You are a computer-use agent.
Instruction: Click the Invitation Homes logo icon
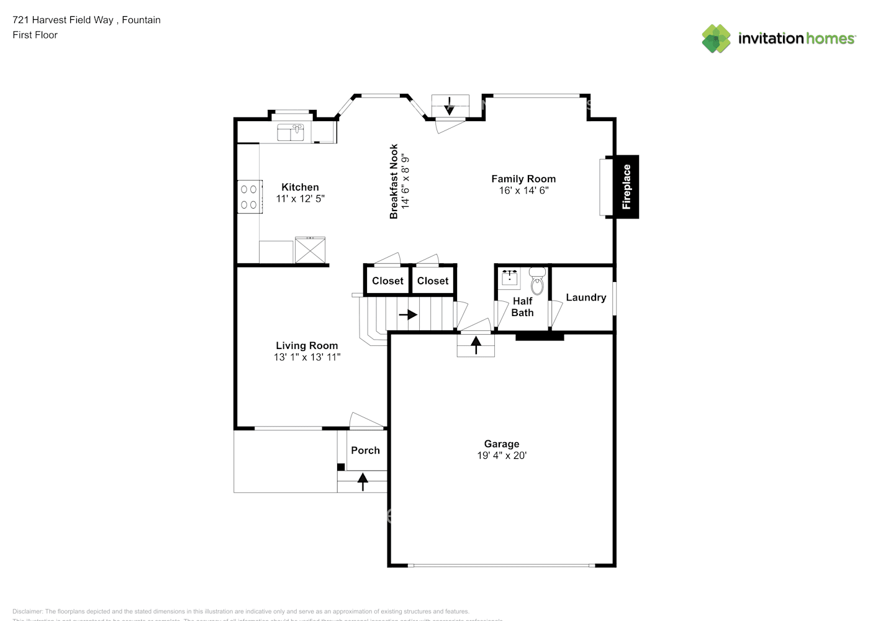pos(716,39)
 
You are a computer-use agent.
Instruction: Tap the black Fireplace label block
pos(627,186)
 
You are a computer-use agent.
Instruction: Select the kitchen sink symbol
pos(291,132)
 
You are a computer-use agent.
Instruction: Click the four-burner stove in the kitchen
pos(249,197)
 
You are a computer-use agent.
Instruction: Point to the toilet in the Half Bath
pos(537,281)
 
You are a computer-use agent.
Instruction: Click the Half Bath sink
pos(510,278)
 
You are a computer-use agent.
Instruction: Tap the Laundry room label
pos(586,297)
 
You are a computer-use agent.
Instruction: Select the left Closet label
pos(387,281)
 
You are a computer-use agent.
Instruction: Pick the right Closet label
pos(433,281)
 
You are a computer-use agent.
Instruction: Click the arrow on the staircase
pos(408,315)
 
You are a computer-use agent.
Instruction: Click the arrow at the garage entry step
pos(476,345)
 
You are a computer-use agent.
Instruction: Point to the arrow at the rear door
pos(450,106)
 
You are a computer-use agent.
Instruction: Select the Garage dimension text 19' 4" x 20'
pos(502,455)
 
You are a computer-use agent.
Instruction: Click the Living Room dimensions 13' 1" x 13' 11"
pos(307,357)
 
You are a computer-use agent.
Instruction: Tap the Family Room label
pos(523,179)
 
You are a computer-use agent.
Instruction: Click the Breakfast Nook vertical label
pos(394,181)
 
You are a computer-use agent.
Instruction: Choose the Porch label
pos(365,450)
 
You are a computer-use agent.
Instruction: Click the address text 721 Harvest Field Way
pos(63,20)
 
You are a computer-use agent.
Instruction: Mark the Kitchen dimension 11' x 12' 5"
pos(300,199)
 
